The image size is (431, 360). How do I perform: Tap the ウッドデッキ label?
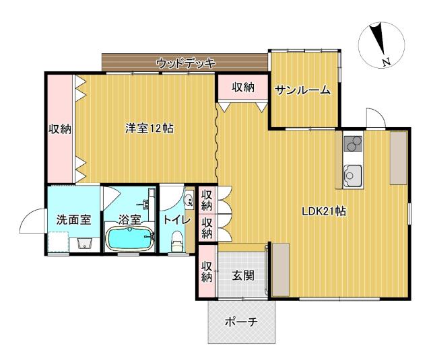(185, 63)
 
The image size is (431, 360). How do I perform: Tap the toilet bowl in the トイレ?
(177, 239)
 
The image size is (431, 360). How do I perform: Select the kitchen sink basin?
(352, 177)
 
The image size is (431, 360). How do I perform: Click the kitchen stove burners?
(352, 144)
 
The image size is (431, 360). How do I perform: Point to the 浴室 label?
(130, 219)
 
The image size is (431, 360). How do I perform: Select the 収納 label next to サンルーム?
(243, 87)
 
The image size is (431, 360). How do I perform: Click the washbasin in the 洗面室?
(85, 243)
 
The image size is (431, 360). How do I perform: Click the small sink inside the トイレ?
(188, 200)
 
